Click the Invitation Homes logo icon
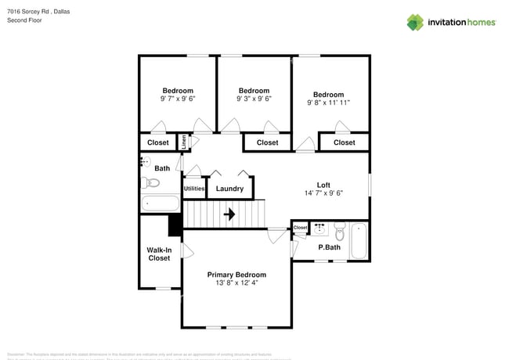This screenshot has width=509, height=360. click(x=414, y=22)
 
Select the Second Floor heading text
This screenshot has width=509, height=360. click(x=23, y=20)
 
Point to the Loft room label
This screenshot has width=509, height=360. click(x=323, y=185)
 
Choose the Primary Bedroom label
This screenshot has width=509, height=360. click(x=236, y=275)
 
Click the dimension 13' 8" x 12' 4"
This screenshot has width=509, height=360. click(x=236, y=283)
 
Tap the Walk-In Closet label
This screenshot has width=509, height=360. click(x=159, y=254)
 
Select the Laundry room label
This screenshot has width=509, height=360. click(x=229, y=189)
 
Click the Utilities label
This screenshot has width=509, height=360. click(x=194, y=189)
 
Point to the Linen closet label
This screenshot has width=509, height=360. click(x=184, y=142)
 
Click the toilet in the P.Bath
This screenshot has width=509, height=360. click(x=339, y=233)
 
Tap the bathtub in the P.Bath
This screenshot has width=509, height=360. click(x=359, y=241)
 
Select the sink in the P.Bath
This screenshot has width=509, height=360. click(x=319, y=229)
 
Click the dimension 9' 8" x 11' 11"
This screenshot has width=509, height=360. click(x=328, y=102)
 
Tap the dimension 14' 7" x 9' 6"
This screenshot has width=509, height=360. click(x=323, y=193)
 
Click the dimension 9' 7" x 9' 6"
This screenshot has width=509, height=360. click(x=177, y=99)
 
